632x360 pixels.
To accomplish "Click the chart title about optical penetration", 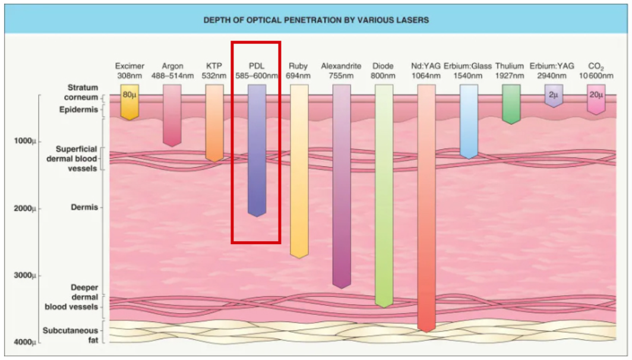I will [316, 20].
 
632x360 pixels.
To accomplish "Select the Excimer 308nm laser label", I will [129, 71].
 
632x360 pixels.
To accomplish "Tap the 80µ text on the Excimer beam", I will [129, 95].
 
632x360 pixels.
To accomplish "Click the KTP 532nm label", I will [214, 71].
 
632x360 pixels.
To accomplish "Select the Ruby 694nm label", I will [299, 71].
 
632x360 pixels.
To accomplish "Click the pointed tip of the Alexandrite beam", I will [342, 286].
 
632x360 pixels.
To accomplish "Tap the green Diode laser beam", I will [384, 196].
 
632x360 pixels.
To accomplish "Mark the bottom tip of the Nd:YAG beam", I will [426, 330].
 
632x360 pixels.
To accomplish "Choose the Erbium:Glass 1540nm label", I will [469, 71].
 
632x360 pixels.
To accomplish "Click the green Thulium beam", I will [511, 103].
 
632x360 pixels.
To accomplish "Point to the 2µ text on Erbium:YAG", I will [554, 95].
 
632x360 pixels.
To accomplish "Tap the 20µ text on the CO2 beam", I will [596, 95].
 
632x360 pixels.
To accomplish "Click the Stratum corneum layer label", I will [83, 92].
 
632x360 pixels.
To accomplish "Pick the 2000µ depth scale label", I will [25, 209].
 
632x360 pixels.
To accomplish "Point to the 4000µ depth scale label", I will [25, 343].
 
